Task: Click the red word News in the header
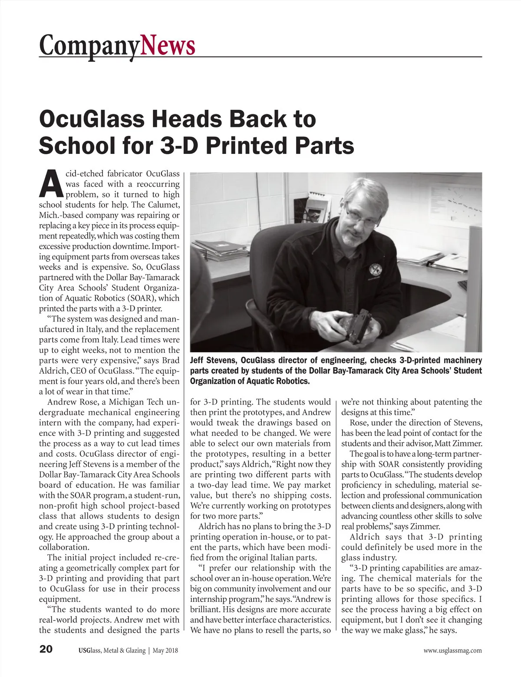[x=168, y=45]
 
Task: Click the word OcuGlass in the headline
[x=99, y=119]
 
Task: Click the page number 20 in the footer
[x=46, y=650]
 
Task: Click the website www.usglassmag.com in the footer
[x=452, y=650]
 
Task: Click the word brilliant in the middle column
[x=206, y=610]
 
